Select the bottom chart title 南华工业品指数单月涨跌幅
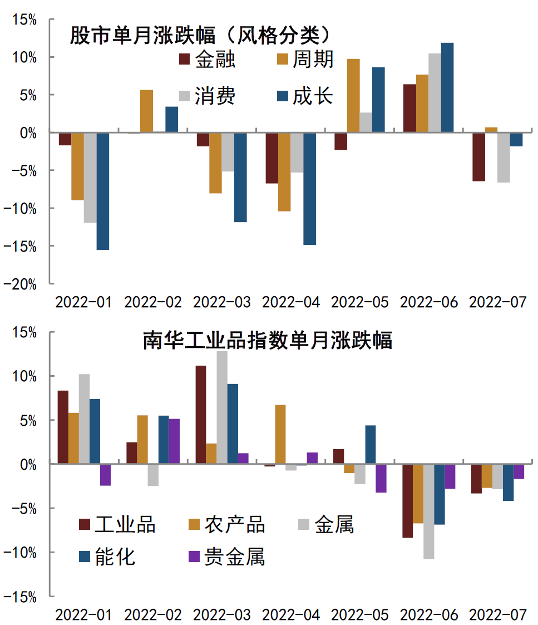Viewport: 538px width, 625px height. coord(267,339)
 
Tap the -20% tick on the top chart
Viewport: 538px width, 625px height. coord(23,284)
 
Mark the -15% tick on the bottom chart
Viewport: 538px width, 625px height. coord(23,597)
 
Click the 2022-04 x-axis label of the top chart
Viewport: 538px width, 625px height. coord(291,302)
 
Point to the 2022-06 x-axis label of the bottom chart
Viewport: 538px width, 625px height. coord(429,615)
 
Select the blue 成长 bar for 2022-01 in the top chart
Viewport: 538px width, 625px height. coord(102,191)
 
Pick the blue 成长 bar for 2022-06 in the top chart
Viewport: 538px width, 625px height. coord(447,88)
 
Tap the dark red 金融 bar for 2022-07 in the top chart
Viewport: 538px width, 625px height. coord(478,157)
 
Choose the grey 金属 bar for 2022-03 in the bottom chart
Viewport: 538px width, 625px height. coord(221,407)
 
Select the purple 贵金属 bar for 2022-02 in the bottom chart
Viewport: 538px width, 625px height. coord(174,441)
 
